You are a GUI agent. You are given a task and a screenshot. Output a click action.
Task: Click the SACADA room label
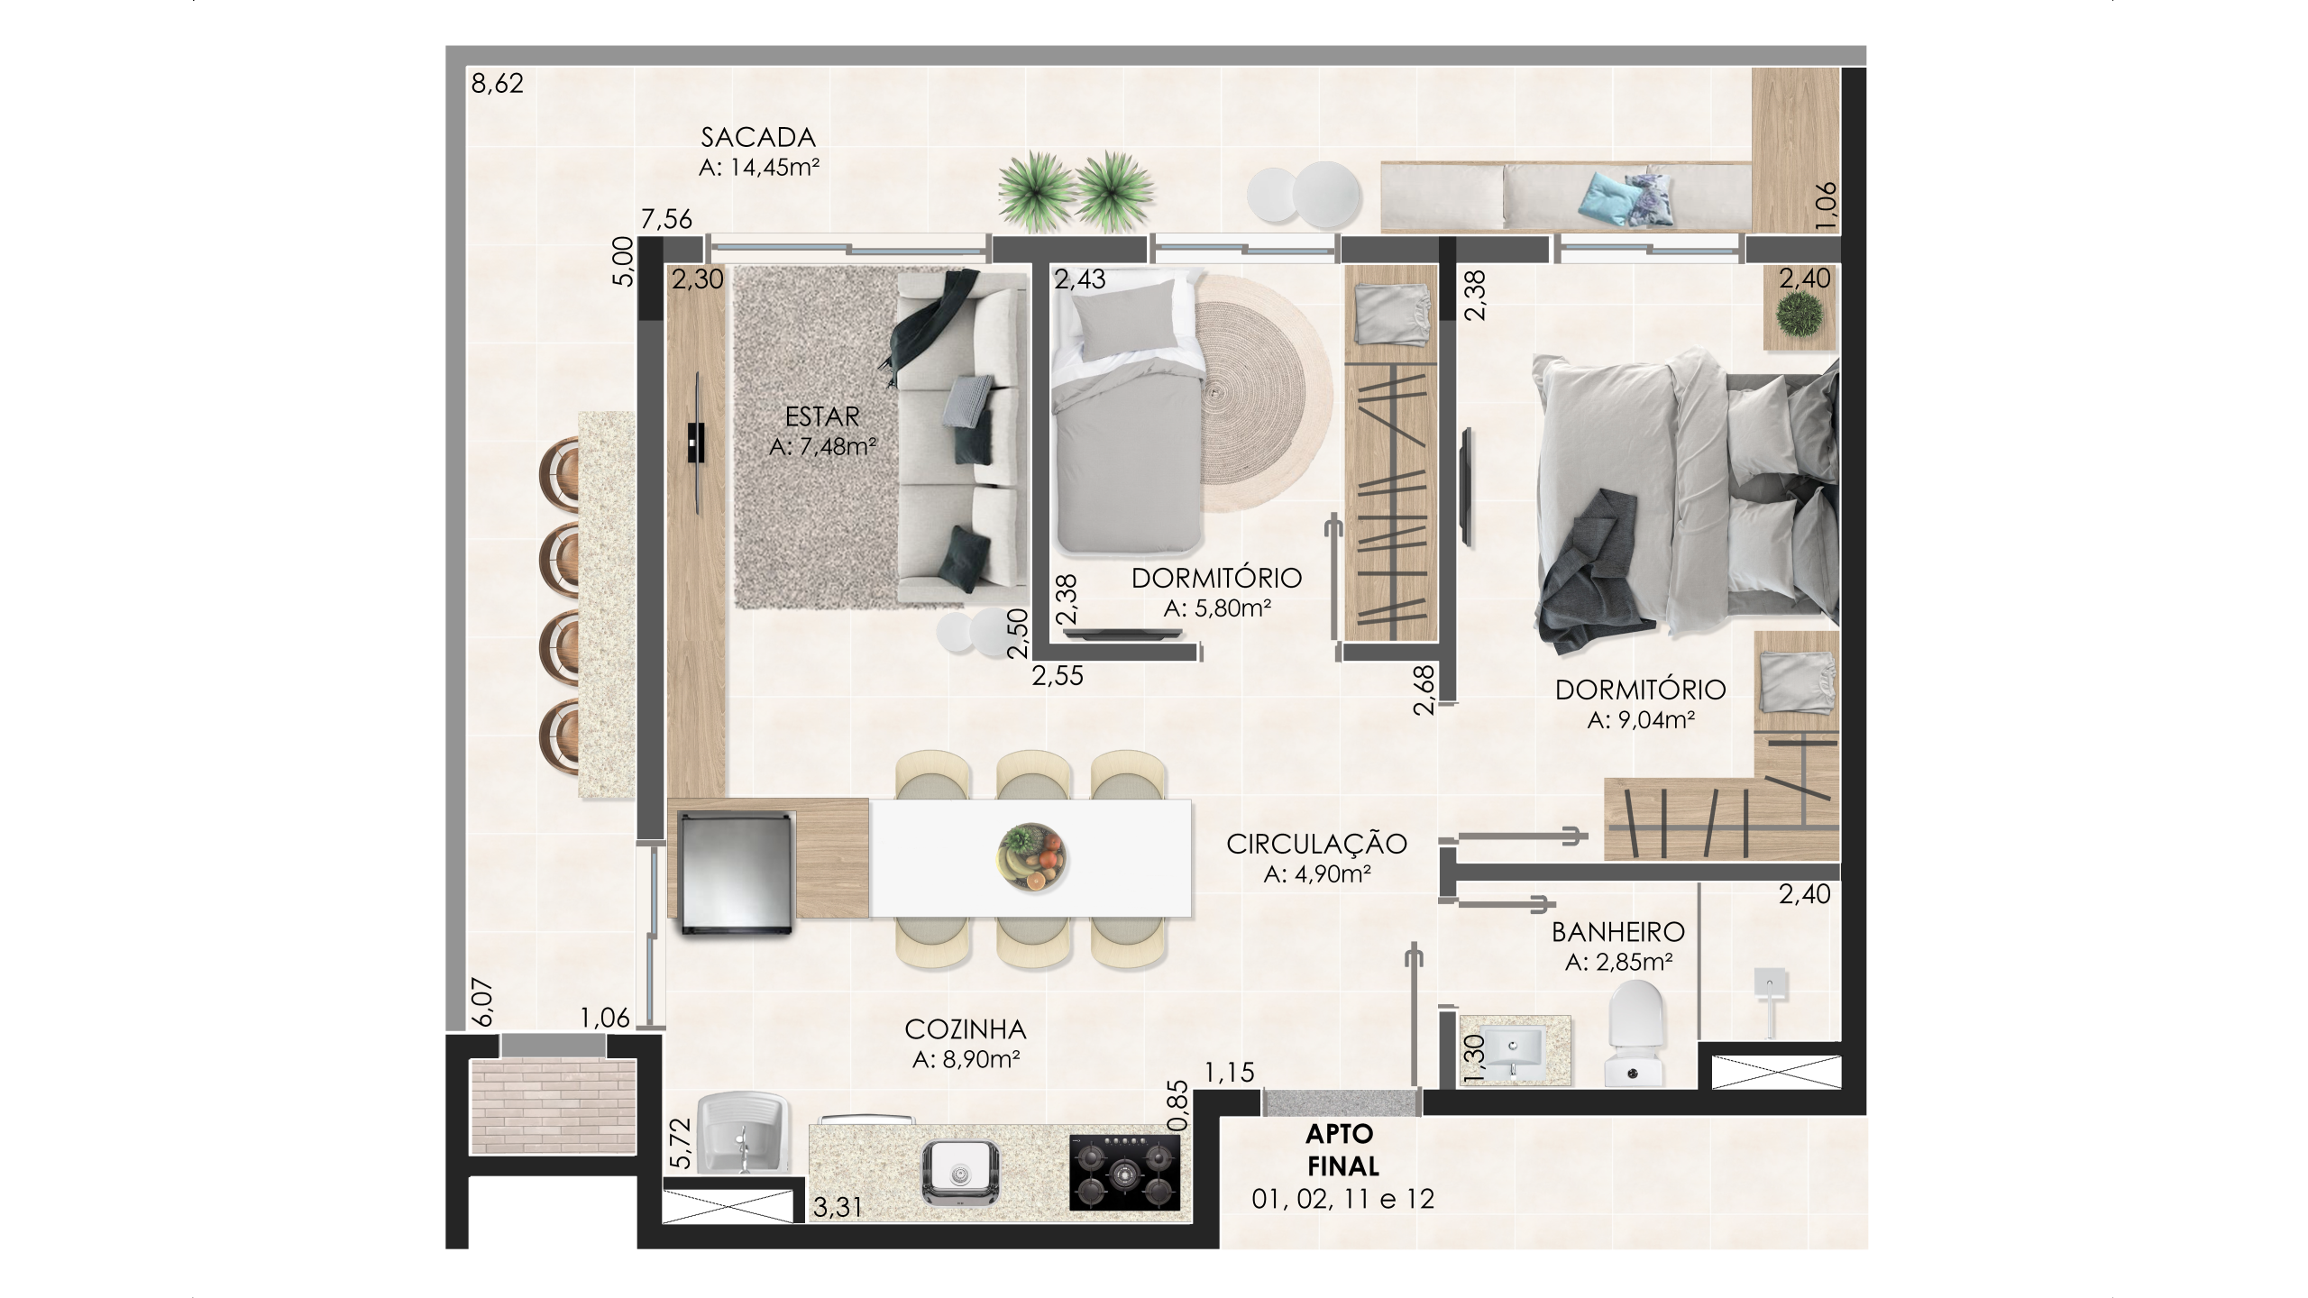[x=758, y=138]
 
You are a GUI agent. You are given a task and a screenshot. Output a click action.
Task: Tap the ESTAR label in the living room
[x=822, y=416]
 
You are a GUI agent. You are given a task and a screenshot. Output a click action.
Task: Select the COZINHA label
[x=966, y=1029]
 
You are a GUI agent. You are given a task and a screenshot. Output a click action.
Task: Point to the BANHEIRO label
[x=1618, y=931]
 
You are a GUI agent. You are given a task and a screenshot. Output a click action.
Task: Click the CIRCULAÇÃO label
[x=1316, y=844]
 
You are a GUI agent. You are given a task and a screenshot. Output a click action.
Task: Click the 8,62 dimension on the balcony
[x=497, y=87]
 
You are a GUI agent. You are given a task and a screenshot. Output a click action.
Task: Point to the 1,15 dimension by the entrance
[x=1229, y=1072]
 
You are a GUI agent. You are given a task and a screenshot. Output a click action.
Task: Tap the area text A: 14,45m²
[x=758, y=168]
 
